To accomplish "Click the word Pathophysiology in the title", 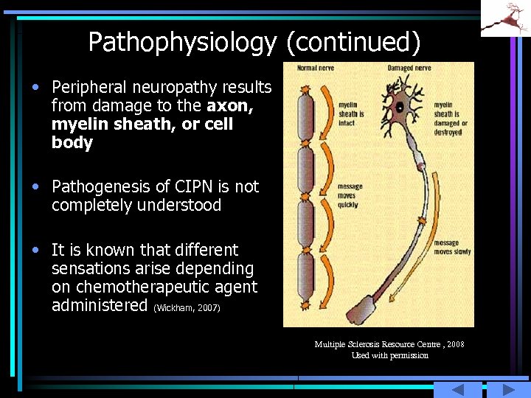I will pos(181,43).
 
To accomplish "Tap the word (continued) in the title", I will pos(353,43).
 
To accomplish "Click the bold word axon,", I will pos(230,106).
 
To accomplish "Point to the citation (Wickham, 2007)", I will pos(187,307).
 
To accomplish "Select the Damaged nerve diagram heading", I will pos(410,69).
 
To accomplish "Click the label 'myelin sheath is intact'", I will pos(351,114).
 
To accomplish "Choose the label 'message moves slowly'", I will pos(452,248).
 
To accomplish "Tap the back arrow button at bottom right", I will pos(457,390).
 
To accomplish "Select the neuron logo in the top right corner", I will pos(505,18).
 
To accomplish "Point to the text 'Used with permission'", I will pos(389,355).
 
